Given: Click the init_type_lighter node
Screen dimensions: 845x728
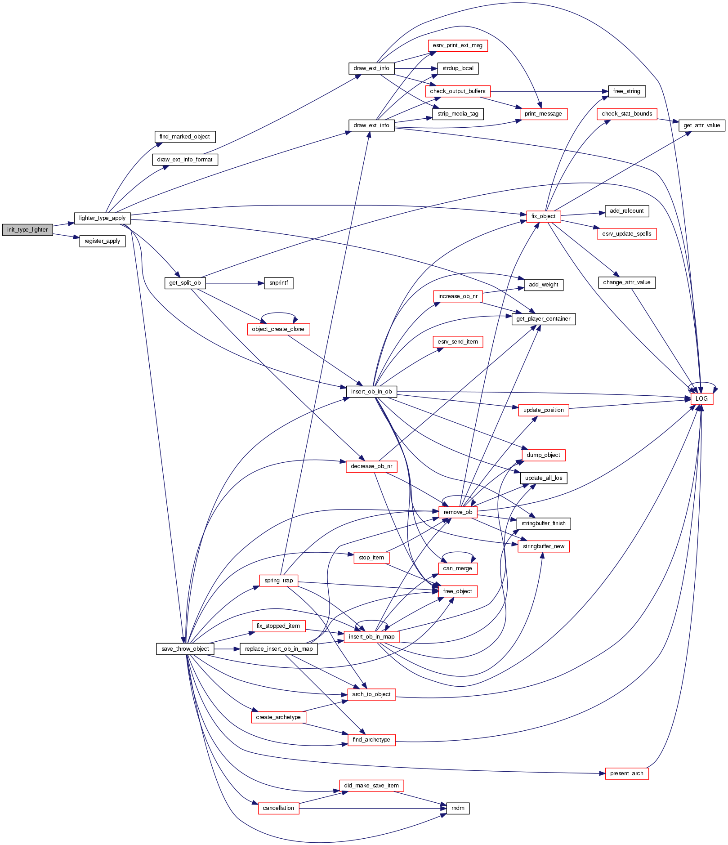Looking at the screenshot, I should coord(27,229).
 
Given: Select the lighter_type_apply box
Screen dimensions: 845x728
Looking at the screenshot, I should coord(102,218).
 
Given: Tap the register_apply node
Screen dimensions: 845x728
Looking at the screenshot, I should coord(102,241).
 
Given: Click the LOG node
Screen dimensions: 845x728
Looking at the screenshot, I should coord(701,398).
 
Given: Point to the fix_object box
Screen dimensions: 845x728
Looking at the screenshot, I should coord(543,216).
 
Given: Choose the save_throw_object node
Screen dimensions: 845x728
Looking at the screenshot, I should coord(185,649).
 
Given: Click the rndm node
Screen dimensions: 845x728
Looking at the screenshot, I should coord(458,808).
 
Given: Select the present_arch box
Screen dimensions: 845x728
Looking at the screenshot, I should coord(626,773).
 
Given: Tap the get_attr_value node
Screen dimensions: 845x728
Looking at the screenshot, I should coord(701,125).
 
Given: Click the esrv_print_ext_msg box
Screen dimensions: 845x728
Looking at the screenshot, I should coord(457,45).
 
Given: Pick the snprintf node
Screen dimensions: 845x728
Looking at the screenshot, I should coord(278,283).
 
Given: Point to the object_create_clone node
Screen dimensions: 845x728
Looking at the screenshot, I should coord(278,329).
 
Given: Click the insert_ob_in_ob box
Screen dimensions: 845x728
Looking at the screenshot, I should coord(371,392).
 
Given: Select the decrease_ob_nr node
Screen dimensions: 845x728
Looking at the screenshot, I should coord(371,466).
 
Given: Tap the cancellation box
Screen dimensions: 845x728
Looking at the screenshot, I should coord(278,808).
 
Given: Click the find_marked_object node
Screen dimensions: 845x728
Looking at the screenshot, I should coord(185,137).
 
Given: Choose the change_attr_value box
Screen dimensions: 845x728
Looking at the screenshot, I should coord(626,282).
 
